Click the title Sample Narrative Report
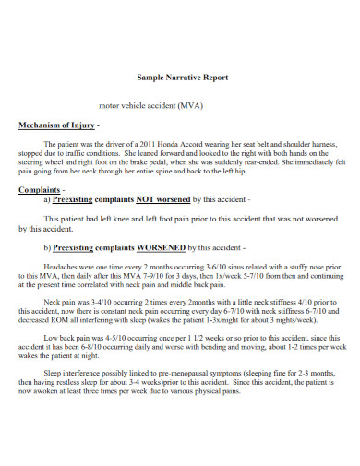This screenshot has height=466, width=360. pyautogui.click(x=180, y=77)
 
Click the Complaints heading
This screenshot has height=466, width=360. pyautogui.click(x=41, y=188)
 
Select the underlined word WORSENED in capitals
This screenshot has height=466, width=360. pyautogui.click(x=161, y=246)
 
